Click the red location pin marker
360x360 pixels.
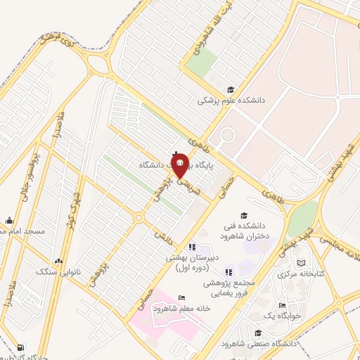point(180,165)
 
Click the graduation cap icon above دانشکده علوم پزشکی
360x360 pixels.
point(231,89)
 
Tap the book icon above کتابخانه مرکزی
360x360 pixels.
point(302,263)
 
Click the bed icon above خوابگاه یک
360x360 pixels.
point(282,305)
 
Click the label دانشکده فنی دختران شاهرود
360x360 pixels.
point(245,231)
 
